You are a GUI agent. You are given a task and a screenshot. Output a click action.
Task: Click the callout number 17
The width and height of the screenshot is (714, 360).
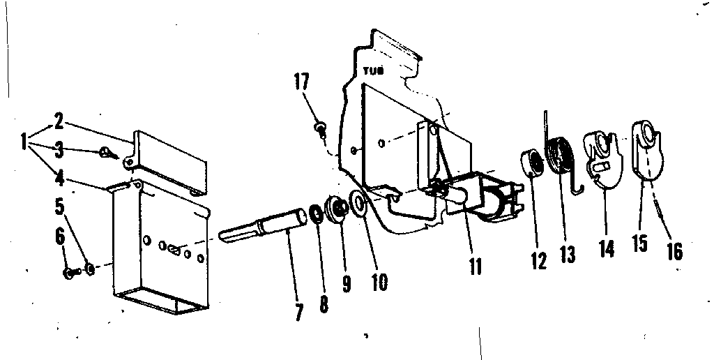point(301,83)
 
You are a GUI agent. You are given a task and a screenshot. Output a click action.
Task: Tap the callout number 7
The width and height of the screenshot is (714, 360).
point(298,312)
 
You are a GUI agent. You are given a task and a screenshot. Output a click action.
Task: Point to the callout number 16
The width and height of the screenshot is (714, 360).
point(675,250)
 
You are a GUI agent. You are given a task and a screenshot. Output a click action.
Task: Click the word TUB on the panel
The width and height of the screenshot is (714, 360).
point(374,70)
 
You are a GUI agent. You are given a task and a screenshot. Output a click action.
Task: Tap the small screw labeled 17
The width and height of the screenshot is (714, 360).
point(319,128)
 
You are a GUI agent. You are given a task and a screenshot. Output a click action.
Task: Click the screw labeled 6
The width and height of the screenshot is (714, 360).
point(70,273)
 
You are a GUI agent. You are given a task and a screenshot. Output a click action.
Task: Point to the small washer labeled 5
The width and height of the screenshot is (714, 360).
point(90,269)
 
